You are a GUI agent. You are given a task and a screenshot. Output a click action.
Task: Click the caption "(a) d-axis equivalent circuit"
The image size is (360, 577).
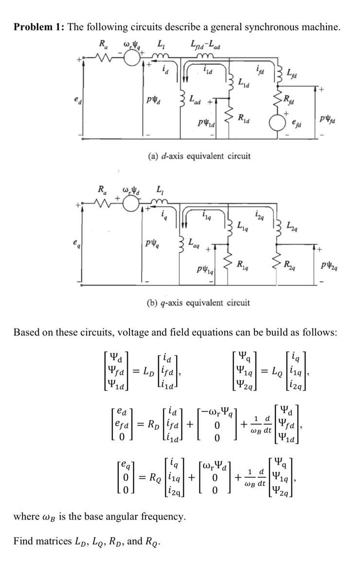coord(199,156)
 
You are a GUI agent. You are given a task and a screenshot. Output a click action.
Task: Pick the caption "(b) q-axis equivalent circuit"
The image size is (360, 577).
coord(198,302)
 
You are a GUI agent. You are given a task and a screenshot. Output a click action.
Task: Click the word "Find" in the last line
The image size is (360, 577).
coord(23,541)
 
